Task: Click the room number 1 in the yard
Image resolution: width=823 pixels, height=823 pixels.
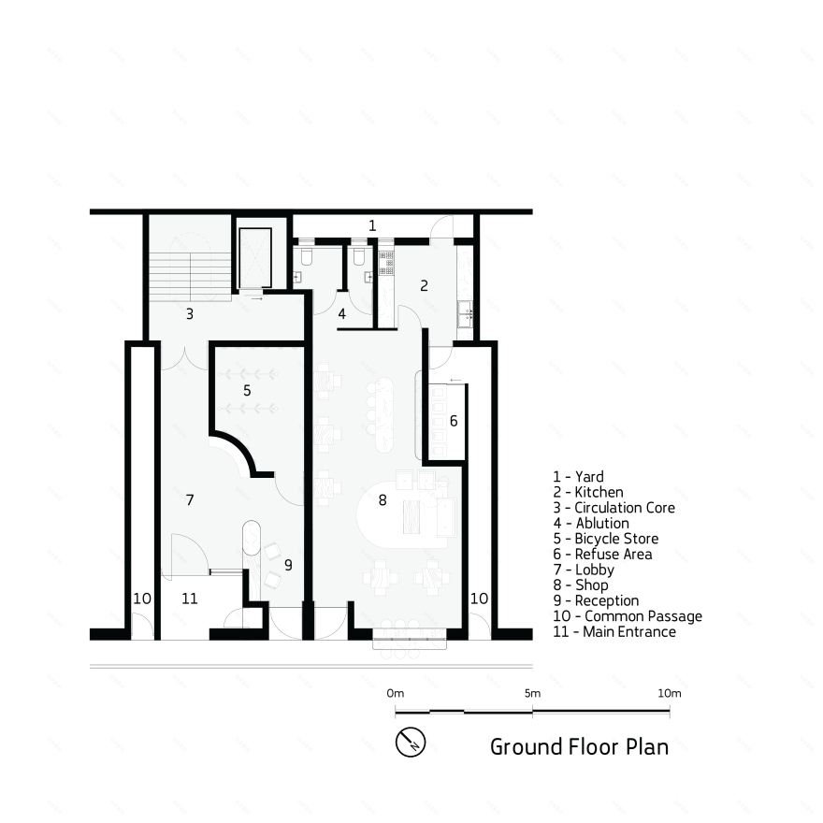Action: [x=372, y=225]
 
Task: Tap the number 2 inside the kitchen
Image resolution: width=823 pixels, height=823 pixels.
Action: [x=424, y=285]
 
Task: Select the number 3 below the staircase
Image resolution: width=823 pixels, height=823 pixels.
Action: [x=189, y=314]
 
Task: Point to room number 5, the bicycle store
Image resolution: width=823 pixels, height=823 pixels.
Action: [x=247, y=390]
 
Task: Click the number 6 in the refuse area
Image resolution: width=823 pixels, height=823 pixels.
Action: [x=454, y=421]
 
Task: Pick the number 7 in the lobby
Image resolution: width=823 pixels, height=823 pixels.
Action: [x=189, y=500]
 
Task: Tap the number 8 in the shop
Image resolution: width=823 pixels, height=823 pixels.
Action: [x=382, y=500]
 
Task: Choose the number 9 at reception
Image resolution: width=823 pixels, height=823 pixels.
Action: [x=288, y=565]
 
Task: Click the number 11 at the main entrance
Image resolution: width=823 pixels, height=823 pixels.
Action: [x=190, y=599]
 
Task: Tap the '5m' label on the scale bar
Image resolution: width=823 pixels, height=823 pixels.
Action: [x=532, y=693]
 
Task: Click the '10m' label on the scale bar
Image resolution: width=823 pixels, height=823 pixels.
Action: [x=669, y=693]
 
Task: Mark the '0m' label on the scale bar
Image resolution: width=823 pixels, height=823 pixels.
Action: [x=396, y=693]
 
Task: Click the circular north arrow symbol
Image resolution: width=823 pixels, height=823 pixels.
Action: [x=411, y=742]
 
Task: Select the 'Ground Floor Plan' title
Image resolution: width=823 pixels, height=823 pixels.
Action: [x=579, y=746]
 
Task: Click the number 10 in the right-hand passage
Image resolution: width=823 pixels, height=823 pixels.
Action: [x=478, y=597]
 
